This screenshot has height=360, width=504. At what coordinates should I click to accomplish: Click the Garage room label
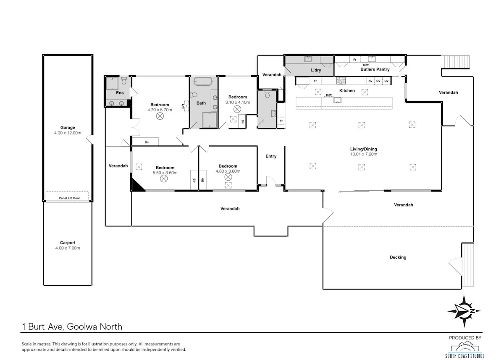tap(68, 128)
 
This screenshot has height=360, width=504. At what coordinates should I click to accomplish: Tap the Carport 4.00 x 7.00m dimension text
tap(68, 248)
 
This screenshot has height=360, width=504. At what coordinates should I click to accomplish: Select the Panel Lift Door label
tap(70, 198)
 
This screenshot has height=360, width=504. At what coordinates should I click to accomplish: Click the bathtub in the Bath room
tap(203, 81)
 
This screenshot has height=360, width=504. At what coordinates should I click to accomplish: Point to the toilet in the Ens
tap(124, 81)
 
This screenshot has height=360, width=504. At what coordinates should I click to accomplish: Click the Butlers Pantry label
tap(375, 69)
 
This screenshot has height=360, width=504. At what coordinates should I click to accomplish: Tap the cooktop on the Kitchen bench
tap(341, 81)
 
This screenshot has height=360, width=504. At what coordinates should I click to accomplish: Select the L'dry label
tap(316, 70)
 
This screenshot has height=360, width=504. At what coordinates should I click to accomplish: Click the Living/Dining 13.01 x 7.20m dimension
tap(364, 154)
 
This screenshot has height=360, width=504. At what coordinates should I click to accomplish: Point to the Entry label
tap(271, 156)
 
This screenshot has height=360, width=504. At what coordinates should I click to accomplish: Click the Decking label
tap(398, 257)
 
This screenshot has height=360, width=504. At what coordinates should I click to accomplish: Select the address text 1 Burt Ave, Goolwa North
tap(72, 326)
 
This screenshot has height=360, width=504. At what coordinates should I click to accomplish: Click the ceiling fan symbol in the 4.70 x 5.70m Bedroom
tap(160, 116)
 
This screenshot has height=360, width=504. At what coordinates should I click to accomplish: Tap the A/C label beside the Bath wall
tap(183, 106)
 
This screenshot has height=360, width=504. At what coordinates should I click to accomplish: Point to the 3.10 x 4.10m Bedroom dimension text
tap(238, 102)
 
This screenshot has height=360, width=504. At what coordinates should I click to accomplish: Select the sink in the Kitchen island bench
tap(337, 100)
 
